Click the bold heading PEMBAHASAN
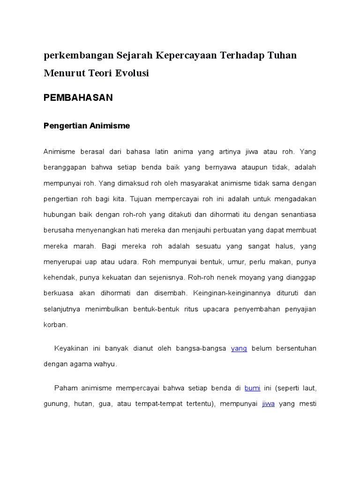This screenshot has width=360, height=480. pyautogui.click(x=78, y=97)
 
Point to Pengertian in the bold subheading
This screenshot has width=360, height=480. pyautogui.click(x=64, y=126)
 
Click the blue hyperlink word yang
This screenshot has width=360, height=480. pyautogui.click(x=239, y=348)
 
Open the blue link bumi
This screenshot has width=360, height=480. pyautogui.click(x=253, y=388)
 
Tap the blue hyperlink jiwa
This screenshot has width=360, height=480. pyautogui.click(x=268, y=404)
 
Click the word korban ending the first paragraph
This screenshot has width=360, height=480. pyautogui.click(x=55, y=324)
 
